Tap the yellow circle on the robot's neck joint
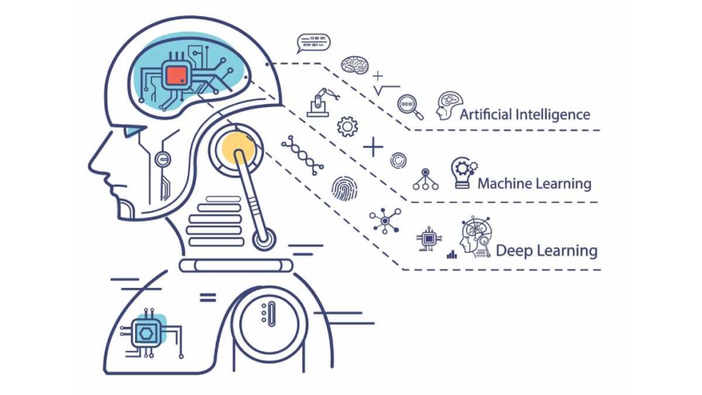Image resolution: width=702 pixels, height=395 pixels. click(x=236, y=146)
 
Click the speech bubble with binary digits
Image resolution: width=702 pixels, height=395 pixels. click(x=313, y=43)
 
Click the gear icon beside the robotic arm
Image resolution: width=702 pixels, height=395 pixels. click(x=348, y=126)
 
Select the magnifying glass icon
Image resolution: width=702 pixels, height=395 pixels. click(x=408, y=105)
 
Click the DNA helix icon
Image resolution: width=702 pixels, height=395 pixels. click(x=302, y=154)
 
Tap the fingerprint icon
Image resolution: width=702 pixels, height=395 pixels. click(x=343, y=187)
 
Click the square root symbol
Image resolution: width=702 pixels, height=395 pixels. click(x=386, y=90)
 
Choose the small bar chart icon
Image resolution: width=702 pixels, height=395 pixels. click(x=452, y=254)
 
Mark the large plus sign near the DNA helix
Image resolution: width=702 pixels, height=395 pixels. click(x=373, y=147)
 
